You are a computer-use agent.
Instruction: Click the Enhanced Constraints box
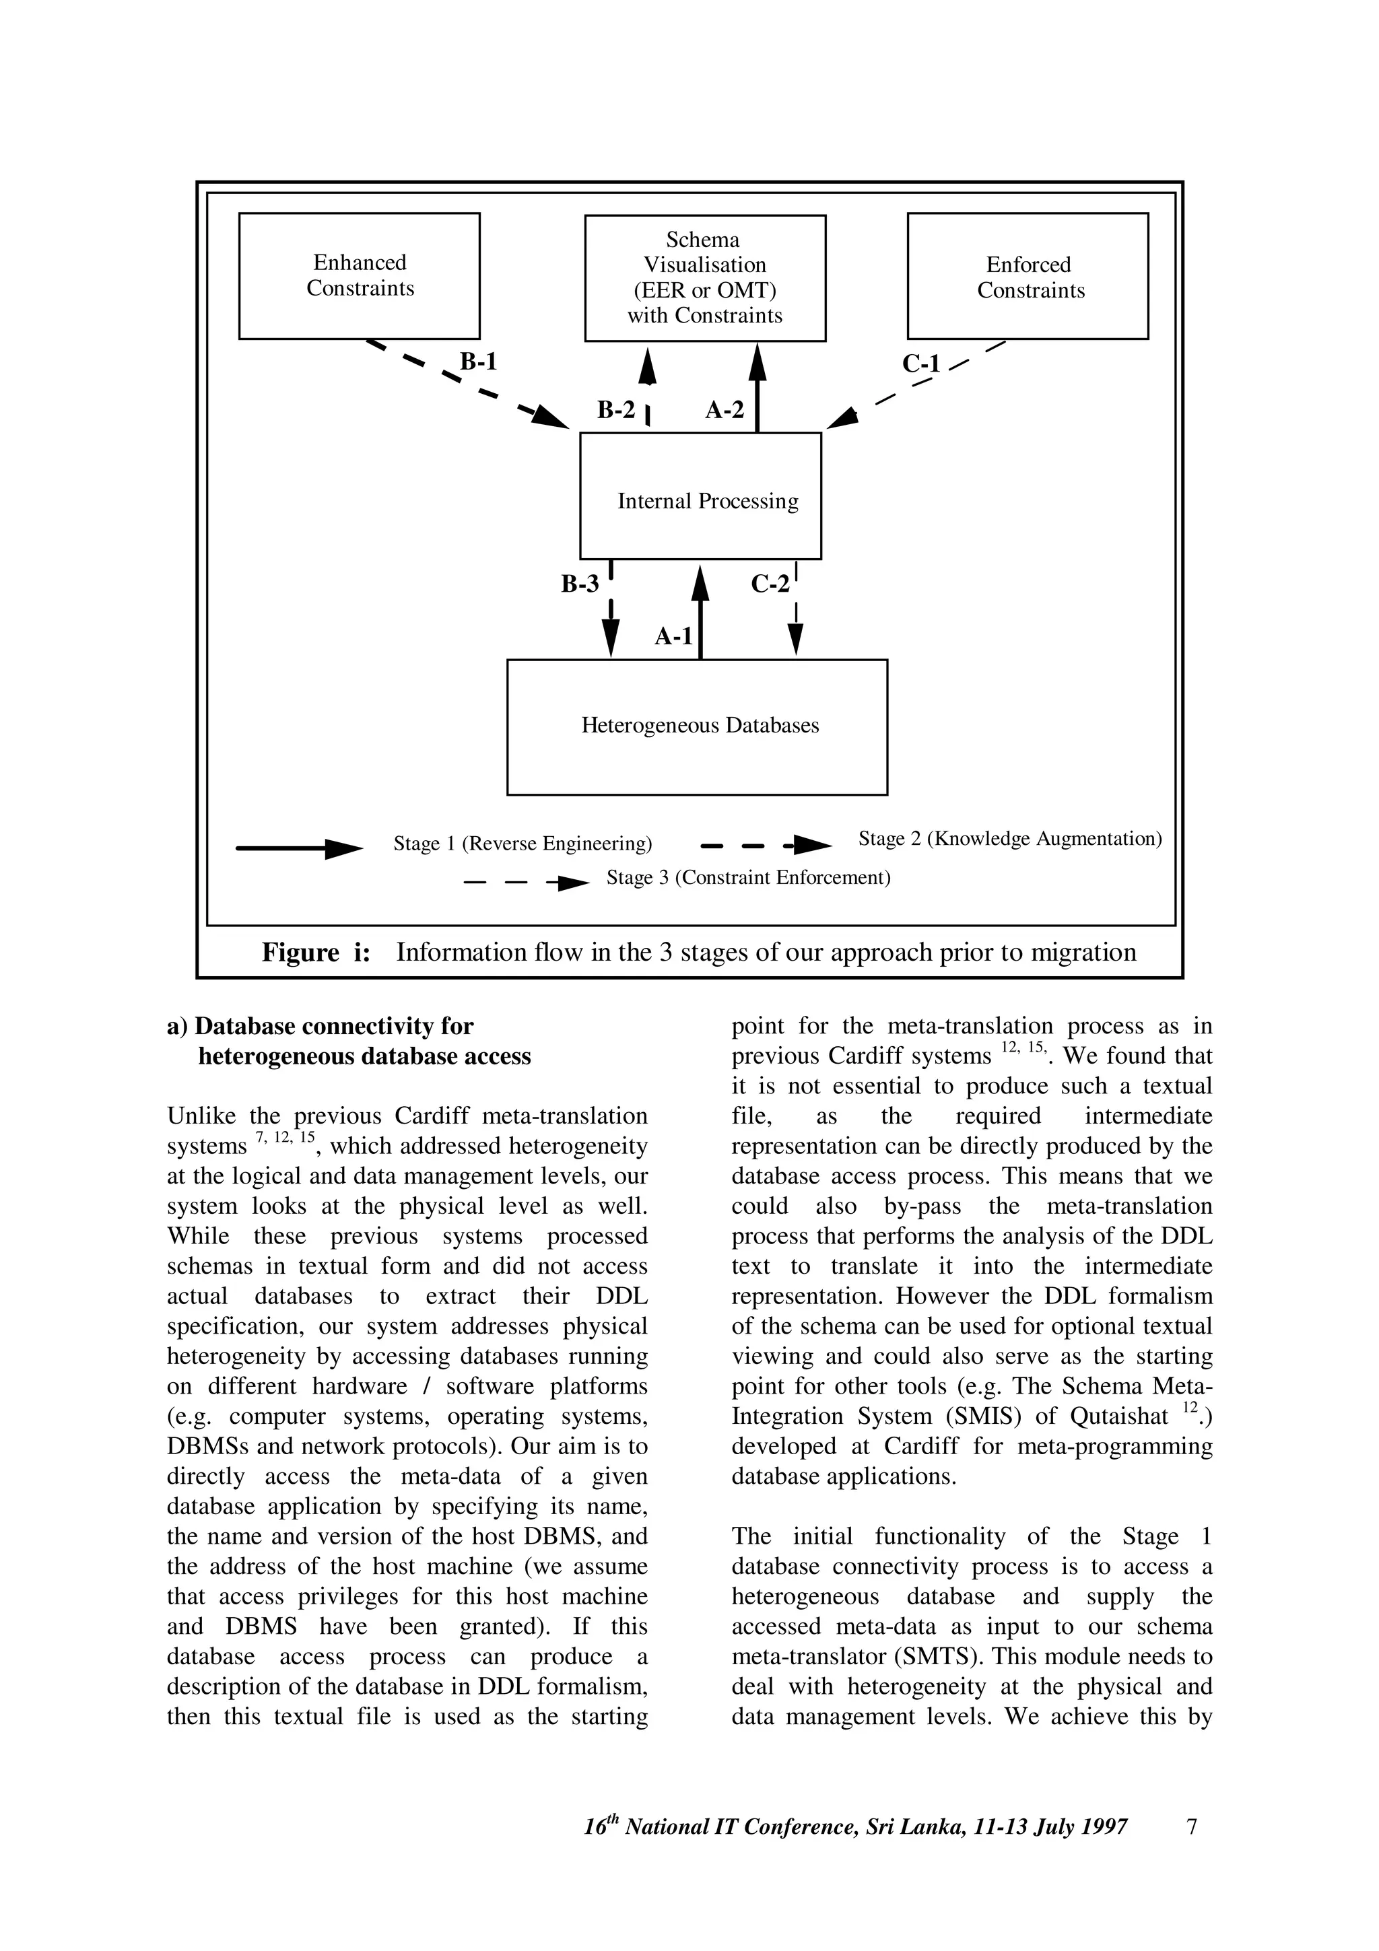pos(360,275)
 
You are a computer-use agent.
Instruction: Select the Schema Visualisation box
pos(704,278)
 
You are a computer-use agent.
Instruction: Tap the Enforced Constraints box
pos(1028,276)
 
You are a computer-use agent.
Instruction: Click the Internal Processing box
pos(700,496)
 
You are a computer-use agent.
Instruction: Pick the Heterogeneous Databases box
pos(697,726)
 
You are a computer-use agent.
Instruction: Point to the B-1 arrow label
pos(478,362)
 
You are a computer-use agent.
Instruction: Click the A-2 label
pos(725,411)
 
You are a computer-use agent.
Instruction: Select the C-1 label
pos(921,364)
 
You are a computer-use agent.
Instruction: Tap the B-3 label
pos(580,584)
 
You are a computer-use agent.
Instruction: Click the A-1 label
pos(674,636)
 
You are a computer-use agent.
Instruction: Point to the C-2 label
pos(770,584)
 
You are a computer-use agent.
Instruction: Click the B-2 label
pos(616,411)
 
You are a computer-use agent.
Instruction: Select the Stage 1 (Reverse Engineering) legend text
pos(523,844)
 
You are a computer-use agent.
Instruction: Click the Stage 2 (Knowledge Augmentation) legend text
pos(1010,839)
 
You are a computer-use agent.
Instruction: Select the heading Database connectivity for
pos(333,1027)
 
